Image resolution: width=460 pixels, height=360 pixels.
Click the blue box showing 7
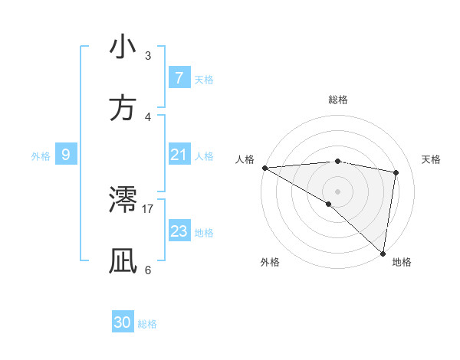(179, 78)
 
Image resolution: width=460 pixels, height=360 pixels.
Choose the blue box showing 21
(179, 155)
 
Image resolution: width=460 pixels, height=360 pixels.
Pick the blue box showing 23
(179, 231)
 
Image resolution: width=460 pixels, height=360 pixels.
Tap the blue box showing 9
(66, 155)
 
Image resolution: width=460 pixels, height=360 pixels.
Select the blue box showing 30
(123, 322)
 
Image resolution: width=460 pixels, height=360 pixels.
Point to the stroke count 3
(148, 56)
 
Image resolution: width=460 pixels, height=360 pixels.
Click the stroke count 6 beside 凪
(148, 270)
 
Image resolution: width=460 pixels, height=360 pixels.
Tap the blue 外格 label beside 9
(41, 155)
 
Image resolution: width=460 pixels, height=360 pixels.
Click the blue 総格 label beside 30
(147, 324)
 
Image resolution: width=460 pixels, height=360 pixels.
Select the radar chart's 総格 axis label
(337, 100)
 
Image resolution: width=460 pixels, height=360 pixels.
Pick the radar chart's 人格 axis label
(245, 159)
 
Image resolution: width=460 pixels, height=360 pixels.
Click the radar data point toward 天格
(396, 172)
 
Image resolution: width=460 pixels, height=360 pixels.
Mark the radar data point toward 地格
(382, 253)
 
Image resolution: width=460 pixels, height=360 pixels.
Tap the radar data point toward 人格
(264, 168)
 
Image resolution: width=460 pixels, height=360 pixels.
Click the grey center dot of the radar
(337, 191)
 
